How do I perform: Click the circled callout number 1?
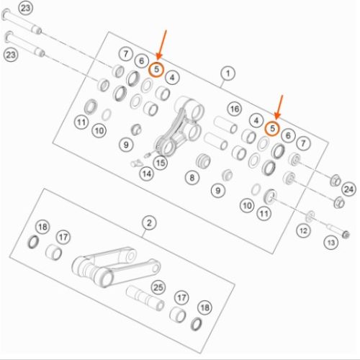click(x=228, y=73)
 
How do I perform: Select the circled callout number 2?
click(x=149, y=223)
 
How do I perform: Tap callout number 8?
click(x=192, y=178)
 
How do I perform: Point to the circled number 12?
click(x=303, y=231)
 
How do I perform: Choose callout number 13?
click(x=331, y=243)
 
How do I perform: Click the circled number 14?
click(x=147, y=174)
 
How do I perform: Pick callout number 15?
click(x=161, y=163)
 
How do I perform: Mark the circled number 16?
click(x=235, y=109)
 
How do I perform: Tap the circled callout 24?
click(x=348, y=189)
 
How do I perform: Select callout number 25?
click(x=158, y=287)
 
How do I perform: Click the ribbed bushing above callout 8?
click(x=203, y=161)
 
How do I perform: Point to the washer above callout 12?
click(x=310, y=216)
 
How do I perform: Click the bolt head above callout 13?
click(x=346, y=234)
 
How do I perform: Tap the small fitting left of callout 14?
click(x=135, y=163)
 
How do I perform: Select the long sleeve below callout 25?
click(x=145, y=298)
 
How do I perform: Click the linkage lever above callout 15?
click(x=179, y=126)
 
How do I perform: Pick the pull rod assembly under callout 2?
click(x=116, y=267)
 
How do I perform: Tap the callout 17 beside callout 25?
click(x=181, y=298)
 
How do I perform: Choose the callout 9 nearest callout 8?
click(x=217, y=191)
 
